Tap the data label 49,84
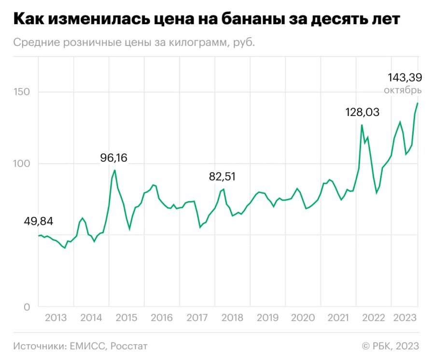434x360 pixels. tap(38, 221)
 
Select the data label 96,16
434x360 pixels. tap(113, 158)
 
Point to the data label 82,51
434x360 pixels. tap(223, 177)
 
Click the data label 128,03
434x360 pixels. tap(362, 112)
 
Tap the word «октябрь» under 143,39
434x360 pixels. tap(403, 90)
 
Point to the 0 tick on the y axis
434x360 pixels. tap(27, 307)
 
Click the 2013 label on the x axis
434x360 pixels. tap(56, 318)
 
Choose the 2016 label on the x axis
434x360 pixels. tap(162, 318)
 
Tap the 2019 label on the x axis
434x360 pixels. tap(267, 318)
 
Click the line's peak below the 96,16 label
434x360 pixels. tap(114, 170)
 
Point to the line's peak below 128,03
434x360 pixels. tap(362, 125)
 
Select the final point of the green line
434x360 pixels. tap(418, 103)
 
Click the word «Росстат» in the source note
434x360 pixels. tap(129, 346)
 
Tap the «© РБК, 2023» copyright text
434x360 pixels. tap(390, 346)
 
